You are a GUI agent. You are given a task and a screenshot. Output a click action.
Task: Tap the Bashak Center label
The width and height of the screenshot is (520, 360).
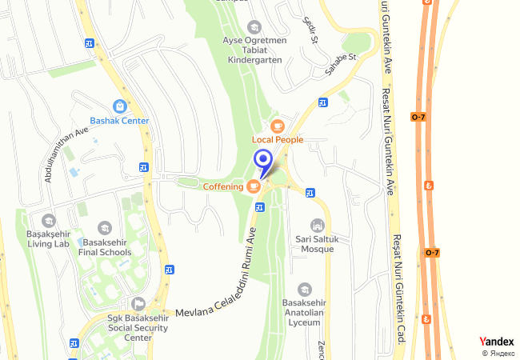pyautogui.click(x=119, y=121)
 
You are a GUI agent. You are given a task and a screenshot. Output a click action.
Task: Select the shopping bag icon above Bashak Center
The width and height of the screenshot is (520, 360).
pyautogui.click(x=119, y=106)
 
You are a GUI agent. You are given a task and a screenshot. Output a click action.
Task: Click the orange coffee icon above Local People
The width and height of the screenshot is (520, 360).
pyautogui.click(x=278, y=126)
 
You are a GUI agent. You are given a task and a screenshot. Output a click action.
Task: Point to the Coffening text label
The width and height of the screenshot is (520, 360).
pyautogui.click(x=223, y=186)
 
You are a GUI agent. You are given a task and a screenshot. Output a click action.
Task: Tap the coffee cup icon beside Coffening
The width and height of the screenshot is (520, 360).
pyautogui.click(x=254, y=186)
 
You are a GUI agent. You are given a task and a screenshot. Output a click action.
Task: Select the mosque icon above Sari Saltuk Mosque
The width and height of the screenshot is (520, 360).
pyautogui.click(x=318, y=225)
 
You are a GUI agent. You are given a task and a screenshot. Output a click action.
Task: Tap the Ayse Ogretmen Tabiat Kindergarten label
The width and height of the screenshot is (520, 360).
pyautogui.click(x=254, y=49)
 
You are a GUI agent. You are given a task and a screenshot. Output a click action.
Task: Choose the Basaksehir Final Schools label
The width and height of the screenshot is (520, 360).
pyautogui.click(x=105, y=247)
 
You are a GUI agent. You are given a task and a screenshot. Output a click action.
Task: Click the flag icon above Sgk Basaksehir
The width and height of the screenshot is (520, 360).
pyautogui.click(x=138, y=303)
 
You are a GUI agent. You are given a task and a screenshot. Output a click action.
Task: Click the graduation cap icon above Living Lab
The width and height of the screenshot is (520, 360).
pyautogui.click(x=48, y=220)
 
